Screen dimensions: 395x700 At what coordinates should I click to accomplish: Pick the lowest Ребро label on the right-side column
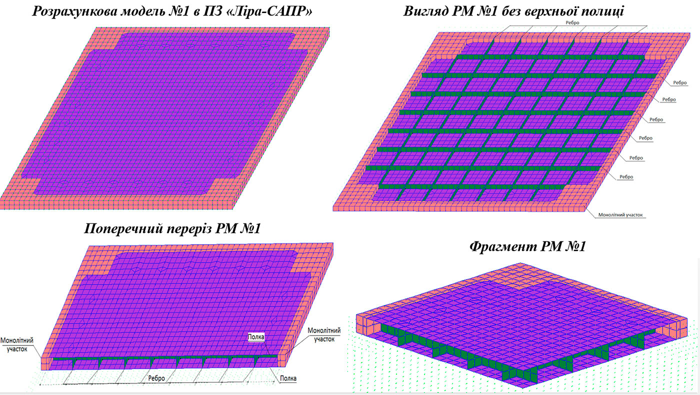(x=626, y=177)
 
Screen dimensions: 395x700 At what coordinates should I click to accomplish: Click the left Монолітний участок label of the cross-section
(x=17, y=344)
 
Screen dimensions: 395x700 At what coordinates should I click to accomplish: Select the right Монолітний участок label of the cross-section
(x=324, y=334)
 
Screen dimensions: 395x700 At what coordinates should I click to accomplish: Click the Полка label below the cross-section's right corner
(x=287, y=378)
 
